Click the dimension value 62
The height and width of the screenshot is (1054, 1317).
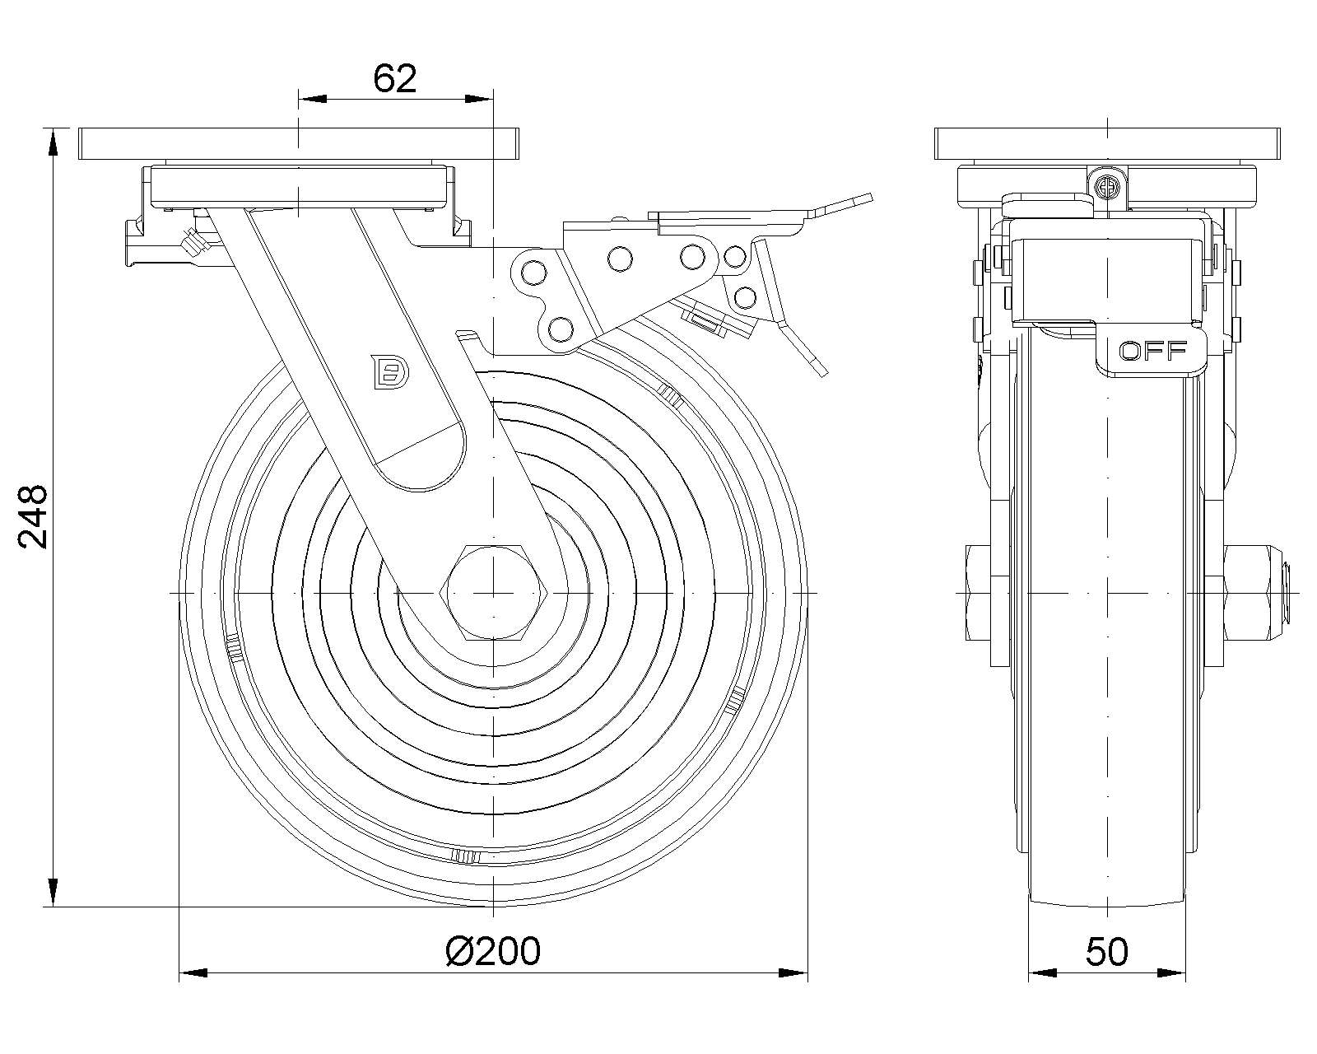click(x=395, y=78)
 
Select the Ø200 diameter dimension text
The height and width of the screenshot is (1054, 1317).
click(x=493, y=951)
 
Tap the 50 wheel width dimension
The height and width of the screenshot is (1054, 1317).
click(x=1106, y=951)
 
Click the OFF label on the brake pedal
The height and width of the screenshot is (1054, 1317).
click(x=1152, y=351)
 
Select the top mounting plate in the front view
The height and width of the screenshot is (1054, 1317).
click(x=1109, y=144)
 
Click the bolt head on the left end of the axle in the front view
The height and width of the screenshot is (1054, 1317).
click(x=980, y=593)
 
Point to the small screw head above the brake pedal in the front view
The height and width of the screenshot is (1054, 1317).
click(x=1108, y=186)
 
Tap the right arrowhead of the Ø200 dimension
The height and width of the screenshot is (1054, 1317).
click(x=793, y=974)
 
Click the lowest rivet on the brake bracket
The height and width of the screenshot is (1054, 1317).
click(x=560, y=329)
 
